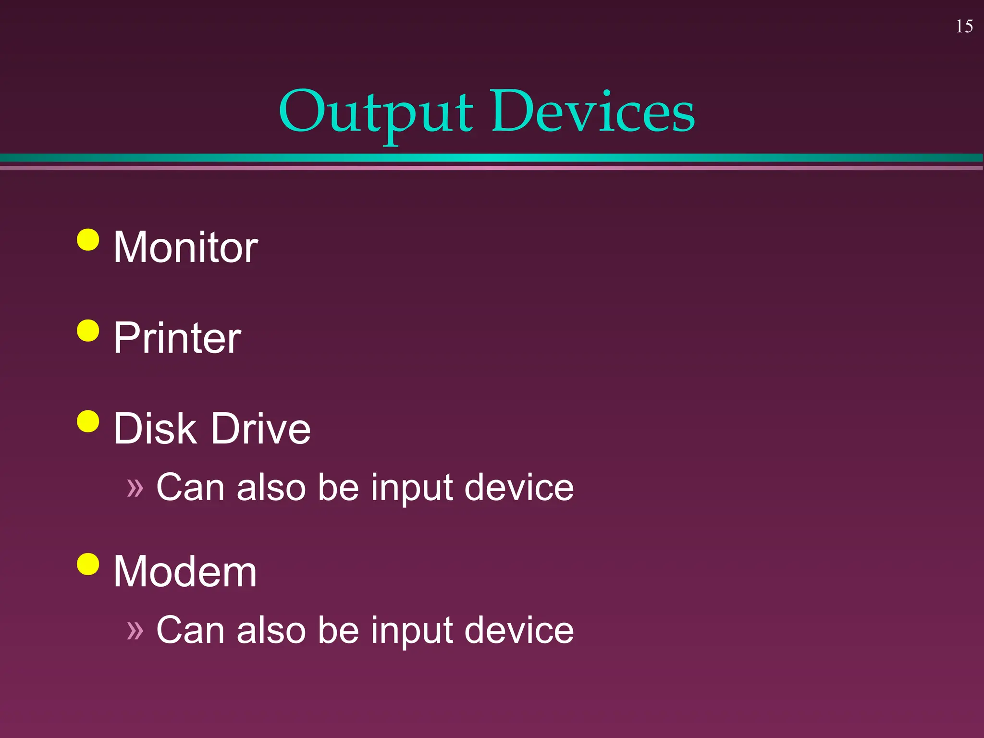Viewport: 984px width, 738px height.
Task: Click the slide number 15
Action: click(x=964, y=26)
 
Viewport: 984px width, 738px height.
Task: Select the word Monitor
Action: click(x=185, y=247)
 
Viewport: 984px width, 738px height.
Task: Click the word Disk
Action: click(x=155, y=429)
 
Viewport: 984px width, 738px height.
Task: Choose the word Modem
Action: click(x=185, y=571)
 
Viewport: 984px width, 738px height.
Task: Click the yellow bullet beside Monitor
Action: click(x=88, y=239)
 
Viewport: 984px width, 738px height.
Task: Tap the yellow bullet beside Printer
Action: click(x=88, y=330)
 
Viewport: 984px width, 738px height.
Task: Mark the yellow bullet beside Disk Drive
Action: click(x=88, y=421)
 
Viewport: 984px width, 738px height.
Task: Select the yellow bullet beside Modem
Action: click(x=88, y=564)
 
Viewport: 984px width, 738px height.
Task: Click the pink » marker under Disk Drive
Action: click(x=135, y=488)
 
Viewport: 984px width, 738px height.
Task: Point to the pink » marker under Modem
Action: click(x=135, y=631)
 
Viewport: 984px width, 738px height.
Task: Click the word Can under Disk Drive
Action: click(x=191, y=487)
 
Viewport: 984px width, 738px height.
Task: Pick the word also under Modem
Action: click(x=271, y=630)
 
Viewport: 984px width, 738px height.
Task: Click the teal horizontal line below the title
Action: click(x=492, y=158)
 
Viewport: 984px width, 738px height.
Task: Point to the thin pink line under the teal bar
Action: click(x=492, y=168)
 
